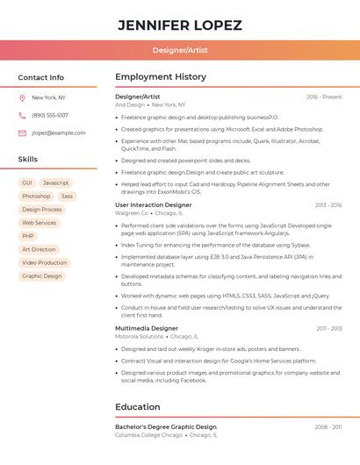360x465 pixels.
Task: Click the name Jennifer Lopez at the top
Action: (x=180, y=25)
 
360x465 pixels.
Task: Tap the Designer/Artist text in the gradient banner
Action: (x=180, y=51)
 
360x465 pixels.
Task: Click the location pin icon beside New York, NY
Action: (x=22, y=98)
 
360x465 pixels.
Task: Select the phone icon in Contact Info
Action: (x=22, y=116)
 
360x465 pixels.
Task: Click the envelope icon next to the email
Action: (x=22, y=133)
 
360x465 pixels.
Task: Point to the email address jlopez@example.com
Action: (x=59, y=133)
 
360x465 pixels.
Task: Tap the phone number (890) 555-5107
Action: (x=50, y=116)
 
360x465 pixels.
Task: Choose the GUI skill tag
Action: (x=27, y=183)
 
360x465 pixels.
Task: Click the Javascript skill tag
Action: (x=55, y=183)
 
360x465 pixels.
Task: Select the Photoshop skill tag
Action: (x=36, y=197)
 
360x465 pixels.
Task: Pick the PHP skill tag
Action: (x=28, y=236)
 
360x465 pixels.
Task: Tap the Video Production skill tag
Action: (x=44, y=262)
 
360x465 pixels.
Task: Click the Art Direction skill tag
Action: (x=39, y=249)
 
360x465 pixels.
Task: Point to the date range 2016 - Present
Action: (x=324, y=97)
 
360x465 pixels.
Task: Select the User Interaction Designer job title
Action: (x=154, y=205)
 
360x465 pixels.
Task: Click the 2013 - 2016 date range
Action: (x=328, y=205)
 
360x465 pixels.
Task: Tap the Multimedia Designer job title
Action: (x=147, y=328)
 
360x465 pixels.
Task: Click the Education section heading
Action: (x=138, y=407)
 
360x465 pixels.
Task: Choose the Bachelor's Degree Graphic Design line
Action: (x=166, y=427)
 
